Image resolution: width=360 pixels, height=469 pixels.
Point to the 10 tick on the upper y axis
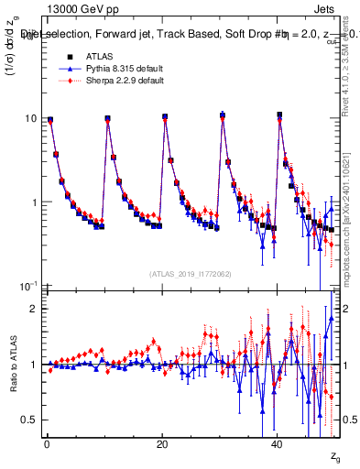tap(30, 118)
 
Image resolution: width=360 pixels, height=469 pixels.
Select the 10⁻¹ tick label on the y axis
tap(28, 287)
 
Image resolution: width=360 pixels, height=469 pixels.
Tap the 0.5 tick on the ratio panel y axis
tap(28, 420)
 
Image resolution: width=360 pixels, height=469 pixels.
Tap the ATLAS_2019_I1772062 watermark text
tap(191, 273)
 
